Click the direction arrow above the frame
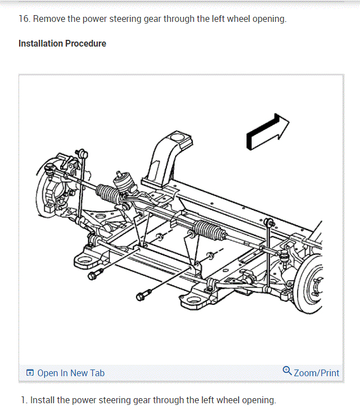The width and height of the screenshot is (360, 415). click(x=267, y=132)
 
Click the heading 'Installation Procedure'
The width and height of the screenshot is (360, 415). click(x=62, y=43)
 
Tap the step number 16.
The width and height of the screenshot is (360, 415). click(x=24, y=19)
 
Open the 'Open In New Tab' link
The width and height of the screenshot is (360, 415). click(x=71, y=373)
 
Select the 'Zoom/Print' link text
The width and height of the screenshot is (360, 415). click(x=316, y=373)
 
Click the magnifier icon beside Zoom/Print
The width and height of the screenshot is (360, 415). click(x=287, y=371)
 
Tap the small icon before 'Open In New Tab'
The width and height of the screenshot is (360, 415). click(x=30, y=373)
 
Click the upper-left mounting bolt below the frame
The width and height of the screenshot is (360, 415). click(x=99, y=273)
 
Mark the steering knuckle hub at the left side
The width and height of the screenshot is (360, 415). click(x=51, y=191)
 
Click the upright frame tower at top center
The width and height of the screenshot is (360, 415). click(x=168, y=152)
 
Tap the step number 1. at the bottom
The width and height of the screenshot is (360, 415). click(x=23, y=400)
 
